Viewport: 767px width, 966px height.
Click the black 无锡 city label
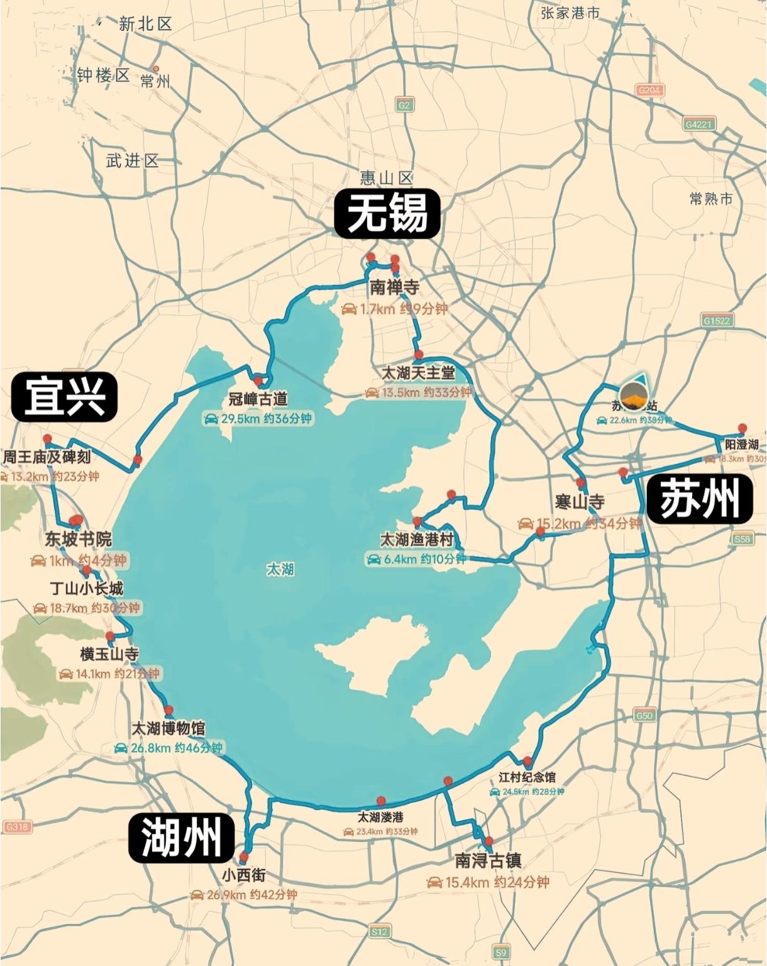click(387, 214)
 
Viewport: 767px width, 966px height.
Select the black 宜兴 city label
click(65, 397)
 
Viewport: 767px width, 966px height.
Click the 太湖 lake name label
click(280, 570)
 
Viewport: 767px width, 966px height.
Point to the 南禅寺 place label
click(394, 288)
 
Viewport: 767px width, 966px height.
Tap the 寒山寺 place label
click(580, 502)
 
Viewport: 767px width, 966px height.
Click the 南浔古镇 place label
click(488, 860)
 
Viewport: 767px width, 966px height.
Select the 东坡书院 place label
click(78, 540)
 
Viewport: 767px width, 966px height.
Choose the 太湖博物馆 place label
click(168, 729)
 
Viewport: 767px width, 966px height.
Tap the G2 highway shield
click(404, 105)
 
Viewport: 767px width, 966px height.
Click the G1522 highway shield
click(717, 321)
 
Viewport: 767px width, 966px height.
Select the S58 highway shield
click(742, 539)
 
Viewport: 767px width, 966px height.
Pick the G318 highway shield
click(16, 826)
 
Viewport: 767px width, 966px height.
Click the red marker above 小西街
click(244, 857)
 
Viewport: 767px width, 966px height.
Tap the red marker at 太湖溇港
click(381, 801)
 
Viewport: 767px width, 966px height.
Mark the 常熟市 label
click(711, 199)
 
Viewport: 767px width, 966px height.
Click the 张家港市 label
click(570, 13)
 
